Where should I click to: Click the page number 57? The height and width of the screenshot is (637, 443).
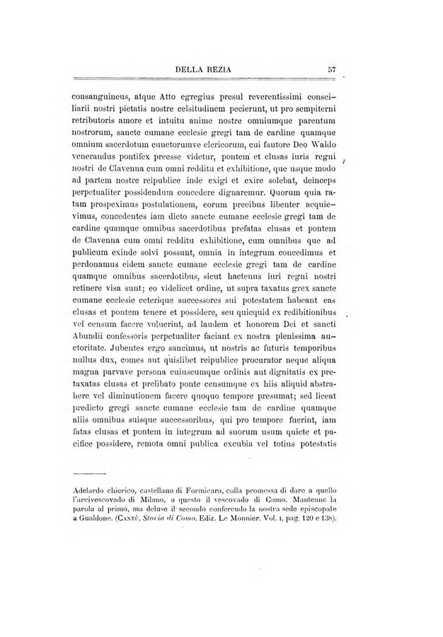331,69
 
